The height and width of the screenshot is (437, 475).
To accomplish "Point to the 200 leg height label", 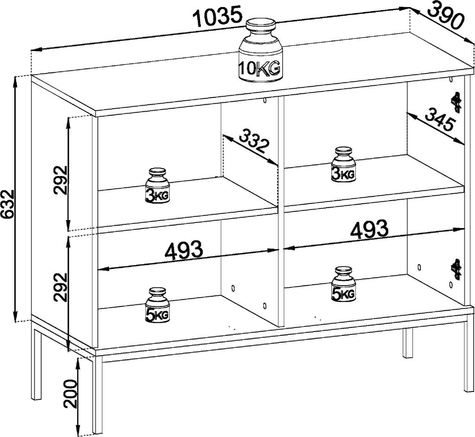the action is coord(70,393).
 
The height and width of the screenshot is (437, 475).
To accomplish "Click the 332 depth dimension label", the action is coord(254,141).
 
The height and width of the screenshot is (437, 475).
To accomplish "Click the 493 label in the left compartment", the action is coord(184,251).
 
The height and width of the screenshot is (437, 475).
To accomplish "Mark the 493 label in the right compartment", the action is coord(369,228).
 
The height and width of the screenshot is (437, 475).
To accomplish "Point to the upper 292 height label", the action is coord(60,179).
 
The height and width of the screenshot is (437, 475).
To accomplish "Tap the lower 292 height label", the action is coord(60,288).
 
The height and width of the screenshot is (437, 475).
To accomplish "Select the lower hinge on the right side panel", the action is coord(456,269).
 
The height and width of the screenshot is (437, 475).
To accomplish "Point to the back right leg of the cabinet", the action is coord(408,343).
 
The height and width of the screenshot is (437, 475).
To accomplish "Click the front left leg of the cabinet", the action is coord(97,395).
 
